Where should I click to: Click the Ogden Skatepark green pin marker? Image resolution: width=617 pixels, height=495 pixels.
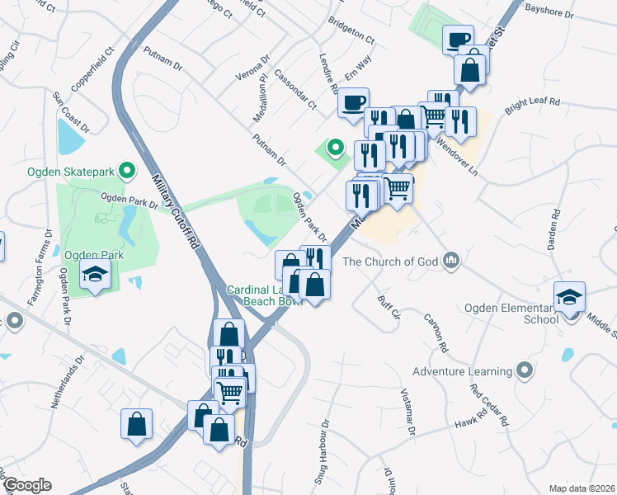coord(126,172)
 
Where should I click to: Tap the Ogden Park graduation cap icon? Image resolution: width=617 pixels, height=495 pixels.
coord(95,275)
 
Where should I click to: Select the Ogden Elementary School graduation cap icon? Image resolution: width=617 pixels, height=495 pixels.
coord(569,296)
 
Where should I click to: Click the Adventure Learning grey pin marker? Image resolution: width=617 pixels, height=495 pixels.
coord(523,371)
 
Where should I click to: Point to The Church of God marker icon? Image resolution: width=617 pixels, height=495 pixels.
coord(450,262)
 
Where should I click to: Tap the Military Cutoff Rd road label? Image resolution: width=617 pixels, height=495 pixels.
coord(178,210)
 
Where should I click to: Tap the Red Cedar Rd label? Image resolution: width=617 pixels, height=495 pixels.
coord(488,403)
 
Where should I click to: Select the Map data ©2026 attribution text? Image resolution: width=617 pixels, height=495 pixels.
coord(581,488)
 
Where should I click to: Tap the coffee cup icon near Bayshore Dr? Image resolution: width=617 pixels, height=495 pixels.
coord(458,39)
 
